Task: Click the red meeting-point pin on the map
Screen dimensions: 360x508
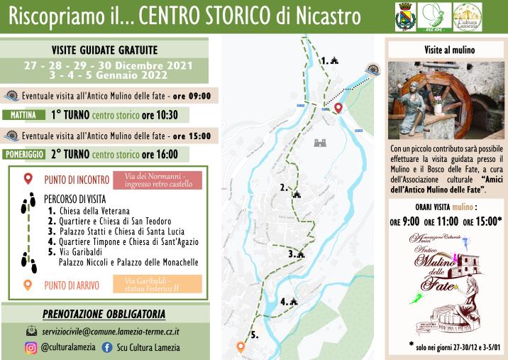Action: (x=338, y=108)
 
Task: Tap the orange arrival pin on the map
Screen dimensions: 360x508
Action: (x=241, y=347)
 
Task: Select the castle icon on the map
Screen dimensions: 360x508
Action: (x=321, y=143)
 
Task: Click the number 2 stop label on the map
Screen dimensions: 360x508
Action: (x=284, y=188)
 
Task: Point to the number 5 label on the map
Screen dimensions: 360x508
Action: (x=255, y=334)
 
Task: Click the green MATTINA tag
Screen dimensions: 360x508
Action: (x=24, y=115)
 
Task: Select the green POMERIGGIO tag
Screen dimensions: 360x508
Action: (x=25, y=154)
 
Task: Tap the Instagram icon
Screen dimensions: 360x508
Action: (x=31, y=347)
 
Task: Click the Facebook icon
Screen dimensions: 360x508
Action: (x=108, y=347)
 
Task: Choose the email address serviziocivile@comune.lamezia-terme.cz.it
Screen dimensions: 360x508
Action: (x=110, y=331)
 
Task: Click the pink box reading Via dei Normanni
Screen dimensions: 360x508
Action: (x=162, y=180)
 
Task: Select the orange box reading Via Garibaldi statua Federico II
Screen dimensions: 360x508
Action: (x=162, y=284)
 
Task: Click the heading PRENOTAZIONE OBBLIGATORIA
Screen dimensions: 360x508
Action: (x=104, y=313)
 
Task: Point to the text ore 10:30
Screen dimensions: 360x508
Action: (x=159, y=115)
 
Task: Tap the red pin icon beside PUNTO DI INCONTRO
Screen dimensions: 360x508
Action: (x=28, y=179)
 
